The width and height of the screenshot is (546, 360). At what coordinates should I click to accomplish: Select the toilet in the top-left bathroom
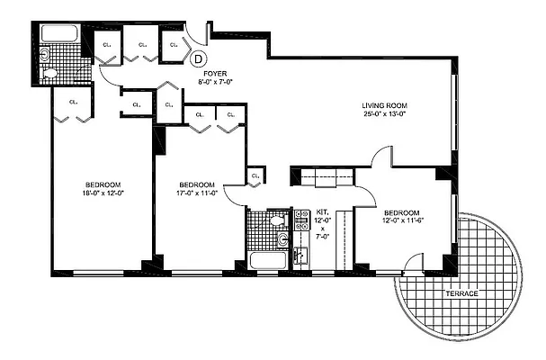(51, 74)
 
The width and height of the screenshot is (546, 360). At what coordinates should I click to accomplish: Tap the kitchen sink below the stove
(300, 256)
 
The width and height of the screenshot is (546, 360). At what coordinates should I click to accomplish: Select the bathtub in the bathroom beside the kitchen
(268, 262)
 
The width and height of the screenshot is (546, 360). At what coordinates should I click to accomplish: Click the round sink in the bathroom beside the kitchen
(282, 239)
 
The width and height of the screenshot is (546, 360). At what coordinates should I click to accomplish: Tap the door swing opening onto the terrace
(412, 264)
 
